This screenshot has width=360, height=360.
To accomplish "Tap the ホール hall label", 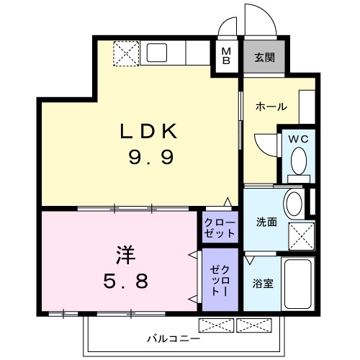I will click(x=271, y=107).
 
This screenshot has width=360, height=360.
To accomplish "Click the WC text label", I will click(x=298, y=139).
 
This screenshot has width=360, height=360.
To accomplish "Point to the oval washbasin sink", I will click(x=294, y=204).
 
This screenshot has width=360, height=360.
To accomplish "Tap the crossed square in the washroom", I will click(x=301, y=235).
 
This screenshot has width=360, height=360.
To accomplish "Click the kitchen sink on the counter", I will click(x=158, y=53).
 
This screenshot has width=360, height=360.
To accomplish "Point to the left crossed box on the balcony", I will click(x=216, y=325).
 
